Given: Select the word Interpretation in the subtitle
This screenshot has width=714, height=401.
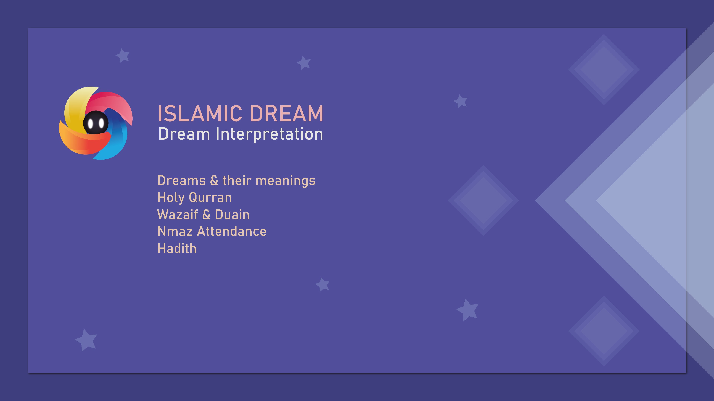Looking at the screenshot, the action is click(x=269, y=134).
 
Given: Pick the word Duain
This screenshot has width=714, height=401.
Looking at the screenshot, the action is click(x=232, y=215).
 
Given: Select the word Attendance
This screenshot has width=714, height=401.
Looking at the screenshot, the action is click(x=232, y=231).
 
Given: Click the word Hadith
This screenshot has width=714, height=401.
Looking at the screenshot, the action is click(x=177, y=249).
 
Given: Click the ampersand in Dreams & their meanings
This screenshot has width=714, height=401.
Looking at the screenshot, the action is click(x=214, y=180).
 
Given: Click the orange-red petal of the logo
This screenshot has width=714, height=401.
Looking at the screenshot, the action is click(x=83, y=141).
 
